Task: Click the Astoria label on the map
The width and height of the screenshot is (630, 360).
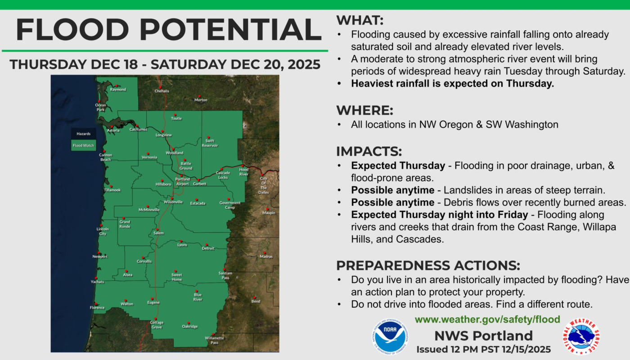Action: pyautogui.click(x=113, y=130)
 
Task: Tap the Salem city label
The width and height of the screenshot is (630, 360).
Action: pyautogui.click(x=158, y=233)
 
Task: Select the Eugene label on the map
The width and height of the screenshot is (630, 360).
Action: pyautogui.click(x=153, y=302)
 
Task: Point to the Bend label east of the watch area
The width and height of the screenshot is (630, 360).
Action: pyautogui.click(x=256, y=301)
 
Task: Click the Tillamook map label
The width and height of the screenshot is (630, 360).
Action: pyautogui.click(x=112, y=190)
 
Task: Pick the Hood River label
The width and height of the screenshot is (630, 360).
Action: pyautogui.click(x=244, y=172)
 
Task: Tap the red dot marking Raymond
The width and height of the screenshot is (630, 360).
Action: pyautogui.click(x=117, y=86)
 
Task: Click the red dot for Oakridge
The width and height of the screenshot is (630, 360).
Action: pyautogui.click(x=189, y=323)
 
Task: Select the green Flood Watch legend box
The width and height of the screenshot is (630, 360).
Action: pyautogui.click(x=84, y=145)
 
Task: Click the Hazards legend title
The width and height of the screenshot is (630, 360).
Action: pyautogui.click(x=84, y=134)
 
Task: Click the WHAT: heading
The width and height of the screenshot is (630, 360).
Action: pyautogui.click(x=360, y=20)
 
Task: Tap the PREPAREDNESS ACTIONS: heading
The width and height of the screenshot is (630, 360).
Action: pyautogui.click(x=428, y=265)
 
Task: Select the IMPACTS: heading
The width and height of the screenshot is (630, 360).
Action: pyautogui.click(x=369, y=151)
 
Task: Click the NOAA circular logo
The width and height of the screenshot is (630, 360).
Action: pyautogui.click(x=390, y=337)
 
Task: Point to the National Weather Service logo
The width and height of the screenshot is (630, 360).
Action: pyautogui.click(x=581, y=337)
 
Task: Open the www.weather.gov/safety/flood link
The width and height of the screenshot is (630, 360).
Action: pyautogui.click(x=487, y=319)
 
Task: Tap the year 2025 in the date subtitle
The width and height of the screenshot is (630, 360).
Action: pyautogui.click(x=304, y=64)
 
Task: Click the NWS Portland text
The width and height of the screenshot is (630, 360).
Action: pyautogui.click(x=483, y=336)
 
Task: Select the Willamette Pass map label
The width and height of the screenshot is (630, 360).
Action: pyautogui.click(x=214, y=340)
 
